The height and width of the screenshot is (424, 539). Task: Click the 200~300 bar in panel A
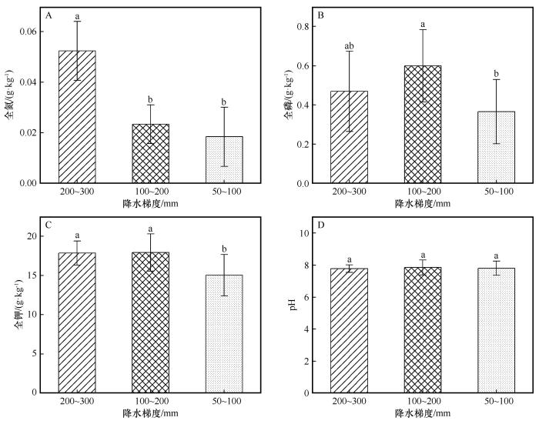click(77, 117)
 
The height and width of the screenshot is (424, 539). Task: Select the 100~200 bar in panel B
click(422, 125)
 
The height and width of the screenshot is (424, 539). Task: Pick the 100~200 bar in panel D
click(422, 329)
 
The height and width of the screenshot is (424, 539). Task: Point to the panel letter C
click(49, 225)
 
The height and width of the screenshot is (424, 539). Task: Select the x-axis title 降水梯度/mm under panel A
click(150, 204)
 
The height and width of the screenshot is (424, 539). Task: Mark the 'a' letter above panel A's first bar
click(77, 15)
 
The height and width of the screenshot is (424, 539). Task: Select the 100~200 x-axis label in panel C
click(150, 403)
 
